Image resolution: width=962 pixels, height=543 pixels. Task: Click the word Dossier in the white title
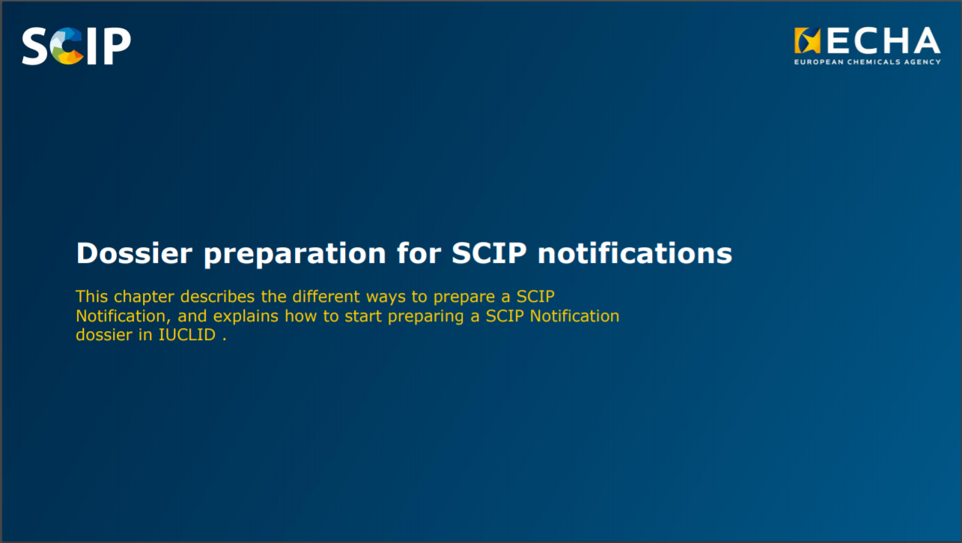click(x=134, y=253)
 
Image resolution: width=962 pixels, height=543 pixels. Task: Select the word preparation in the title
click(x=295, y=255)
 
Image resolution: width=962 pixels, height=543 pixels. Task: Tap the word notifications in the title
click(x=635, y=252)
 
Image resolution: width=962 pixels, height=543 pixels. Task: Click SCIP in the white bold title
click(x=489, y=252)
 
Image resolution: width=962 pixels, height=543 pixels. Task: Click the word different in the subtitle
click(x=326, y=297)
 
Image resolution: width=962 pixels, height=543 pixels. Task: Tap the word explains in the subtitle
click(x=246, y=317)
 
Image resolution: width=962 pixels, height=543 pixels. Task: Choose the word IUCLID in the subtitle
click(x=187, y=335)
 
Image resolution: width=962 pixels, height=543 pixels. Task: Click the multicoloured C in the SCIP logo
click(x=67, y=46)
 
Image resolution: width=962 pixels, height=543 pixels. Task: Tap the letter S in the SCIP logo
click(x=34, y=46)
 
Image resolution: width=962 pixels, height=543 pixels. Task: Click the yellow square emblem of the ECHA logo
click(x=807, y=40)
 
